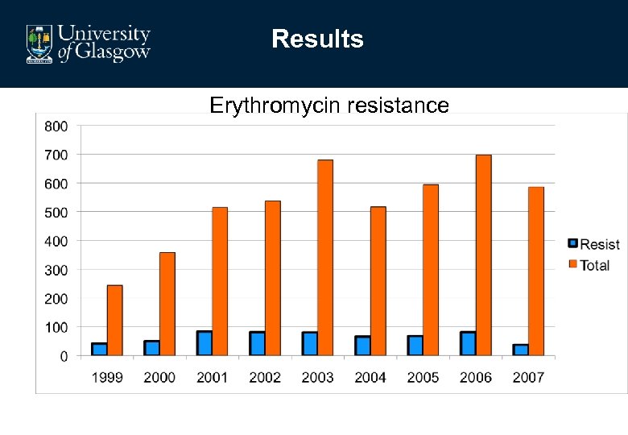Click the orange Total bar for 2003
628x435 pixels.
325,258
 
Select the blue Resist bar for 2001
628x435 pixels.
205,343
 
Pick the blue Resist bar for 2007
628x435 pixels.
521,350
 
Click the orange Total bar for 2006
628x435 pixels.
483,255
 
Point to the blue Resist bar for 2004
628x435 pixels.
362,346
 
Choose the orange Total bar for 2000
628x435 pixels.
167,304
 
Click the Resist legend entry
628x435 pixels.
593,244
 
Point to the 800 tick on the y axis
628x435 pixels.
56,126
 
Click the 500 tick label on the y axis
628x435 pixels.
56,212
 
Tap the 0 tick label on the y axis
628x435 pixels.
64,356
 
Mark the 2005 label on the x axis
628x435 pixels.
423,377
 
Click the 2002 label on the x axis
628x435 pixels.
265,377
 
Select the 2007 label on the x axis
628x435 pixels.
528,377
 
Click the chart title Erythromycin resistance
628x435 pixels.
329,105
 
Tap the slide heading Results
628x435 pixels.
317,39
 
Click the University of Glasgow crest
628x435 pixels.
39,43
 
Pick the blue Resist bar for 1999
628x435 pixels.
99,349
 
